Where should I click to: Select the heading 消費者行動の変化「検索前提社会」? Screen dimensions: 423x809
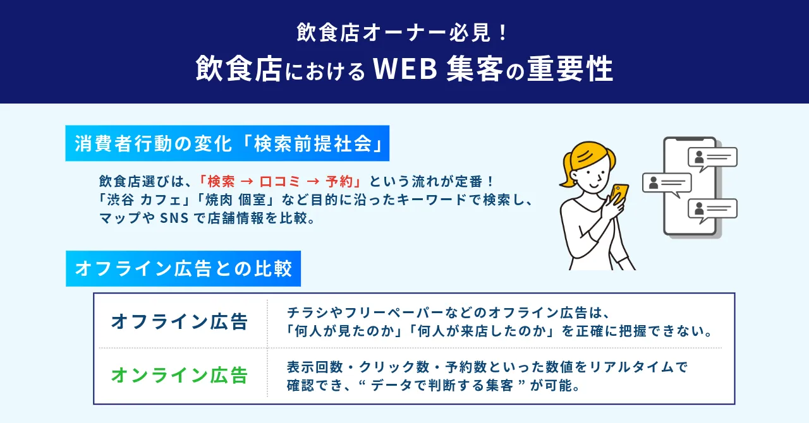227,144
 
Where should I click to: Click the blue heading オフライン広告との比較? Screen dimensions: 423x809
183,269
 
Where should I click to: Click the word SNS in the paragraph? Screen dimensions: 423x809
173,218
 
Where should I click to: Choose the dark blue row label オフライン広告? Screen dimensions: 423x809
179,321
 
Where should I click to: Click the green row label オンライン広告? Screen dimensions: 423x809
179,376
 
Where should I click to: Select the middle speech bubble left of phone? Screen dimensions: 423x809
667,184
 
